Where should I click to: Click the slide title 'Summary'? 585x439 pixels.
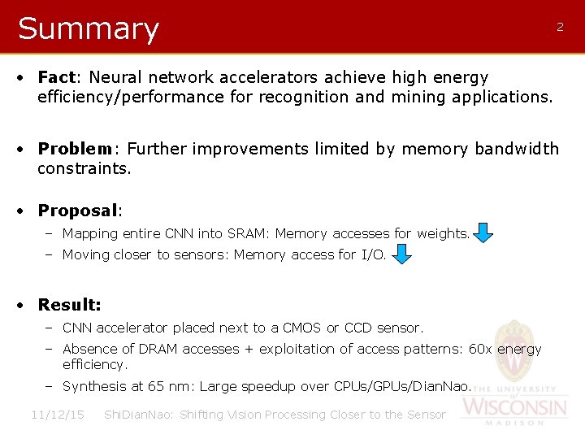(88, 28)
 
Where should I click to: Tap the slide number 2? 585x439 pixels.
(560, 27)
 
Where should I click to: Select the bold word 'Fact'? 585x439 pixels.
(56, 77)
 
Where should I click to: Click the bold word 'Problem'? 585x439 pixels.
(75, 149)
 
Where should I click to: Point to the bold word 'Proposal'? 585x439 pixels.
(78, 211)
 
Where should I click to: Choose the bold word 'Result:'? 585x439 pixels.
(69, 305)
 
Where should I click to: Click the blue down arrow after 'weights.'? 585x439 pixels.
(483, 234)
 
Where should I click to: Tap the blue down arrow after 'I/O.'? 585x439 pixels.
(401, 255)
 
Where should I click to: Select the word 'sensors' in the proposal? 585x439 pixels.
(201, 255)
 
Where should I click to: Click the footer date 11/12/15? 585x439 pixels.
(58, 415)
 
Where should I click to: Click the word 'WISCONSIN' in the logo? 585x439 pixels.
(515, 406)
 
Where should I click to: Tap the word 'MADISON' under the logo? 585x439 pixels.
(515, 423)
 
